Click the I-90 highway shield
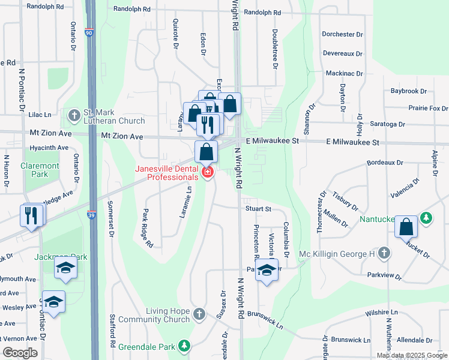pyautogui.click(x=89, y=33)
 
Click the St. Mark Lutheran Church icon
pyautogui.click(x=74, y=114)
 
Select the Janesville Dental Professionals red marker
pyautogui.click(x=208, y=173)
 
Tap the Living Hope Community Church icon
pyautogui.click(x=201, y=314)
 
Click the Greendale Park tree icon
pyautogui.click(x=185, y=346)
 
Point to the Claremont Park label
pyautogui.click(x=40, y=170)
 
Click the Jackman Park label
pyautogui.click(x=62, y=257)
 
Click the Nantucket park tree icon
pyautogui.click(x=426, y=217)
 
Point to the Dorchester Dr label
pyautogui.click(x=342, y=34)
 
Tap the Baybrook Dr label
pyautogui.click(x=408, y=91)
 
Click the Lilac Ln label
pyautogui.click(x=40, y=114)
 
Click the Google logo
pyautogui.click(x=20, y=353)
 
